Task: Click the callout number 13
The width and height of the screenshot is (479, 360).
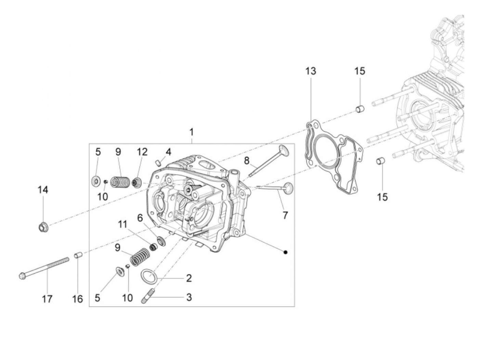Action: coord(311,71)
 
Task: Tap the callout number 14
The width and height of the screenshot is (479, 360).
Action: coord(43,190)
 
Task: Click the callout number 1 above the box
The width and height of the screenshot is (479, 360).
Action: coord(192,132)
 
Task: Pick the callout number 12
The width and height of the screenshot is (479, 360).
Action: coord(142,152)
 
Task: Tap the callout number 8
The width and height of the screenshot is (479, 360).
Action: coord(247,160)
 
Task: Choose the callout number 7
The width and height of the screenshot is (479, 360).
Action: coord(285,215)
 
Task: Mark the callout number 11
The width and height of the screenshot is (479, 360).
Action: coord(123,224)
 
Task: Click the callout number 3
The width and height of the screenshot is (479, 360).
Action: coord(189,297)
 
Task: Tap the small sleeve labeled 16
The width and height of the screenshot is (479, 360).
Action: coord(77,256)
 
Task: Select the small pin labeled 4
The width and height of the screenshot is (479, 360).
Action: coord(158,162)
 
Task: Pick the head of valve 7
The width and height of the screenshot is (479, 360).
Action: coord(288,187)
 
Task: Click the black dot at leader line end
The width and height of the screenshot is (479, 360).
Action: coord(285,252)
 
